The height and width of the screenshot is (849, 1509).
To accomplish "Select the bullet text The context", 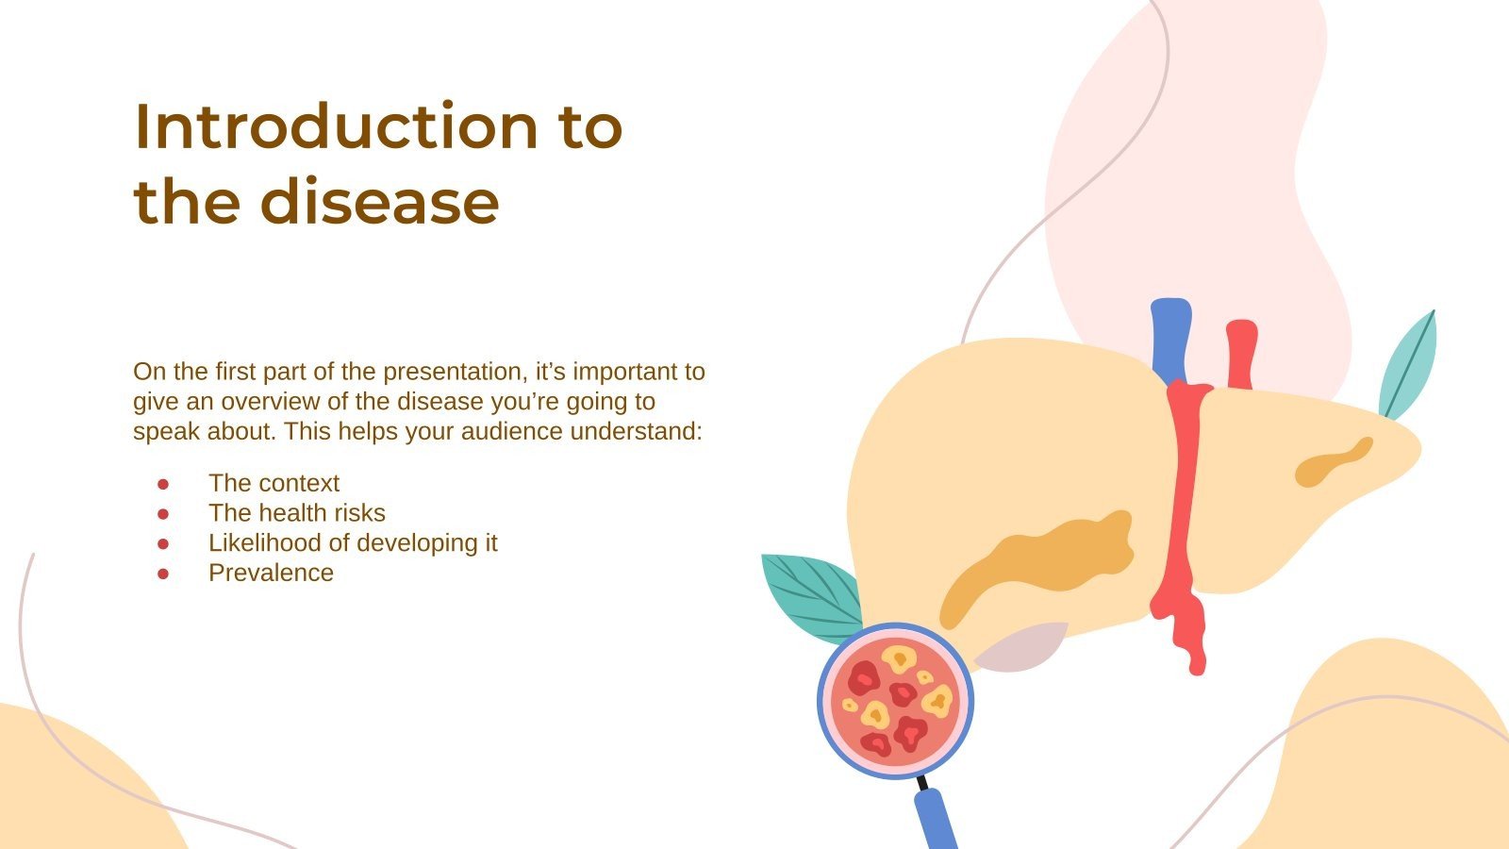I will coord(274,483).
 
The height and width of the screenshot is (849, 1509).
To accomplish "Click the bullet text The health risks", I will coord(297,513).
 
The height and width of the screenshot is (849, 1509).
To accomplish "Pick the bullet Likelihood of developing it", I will coord(353,543).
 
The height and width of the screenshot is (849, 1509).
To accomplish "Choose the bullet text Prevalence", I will coord(271,573).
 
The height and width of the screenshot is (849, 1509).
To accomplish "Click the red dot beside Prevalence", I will coord(163,574).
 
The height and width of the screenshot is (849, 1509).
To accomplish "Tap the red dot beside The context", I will coord(163,484).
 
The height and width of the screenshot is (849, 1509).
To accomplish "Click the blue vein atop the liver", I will coord(1171,340).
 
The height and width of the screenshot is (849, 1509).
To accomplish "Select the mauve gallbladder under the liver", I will coord(1023,649).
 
